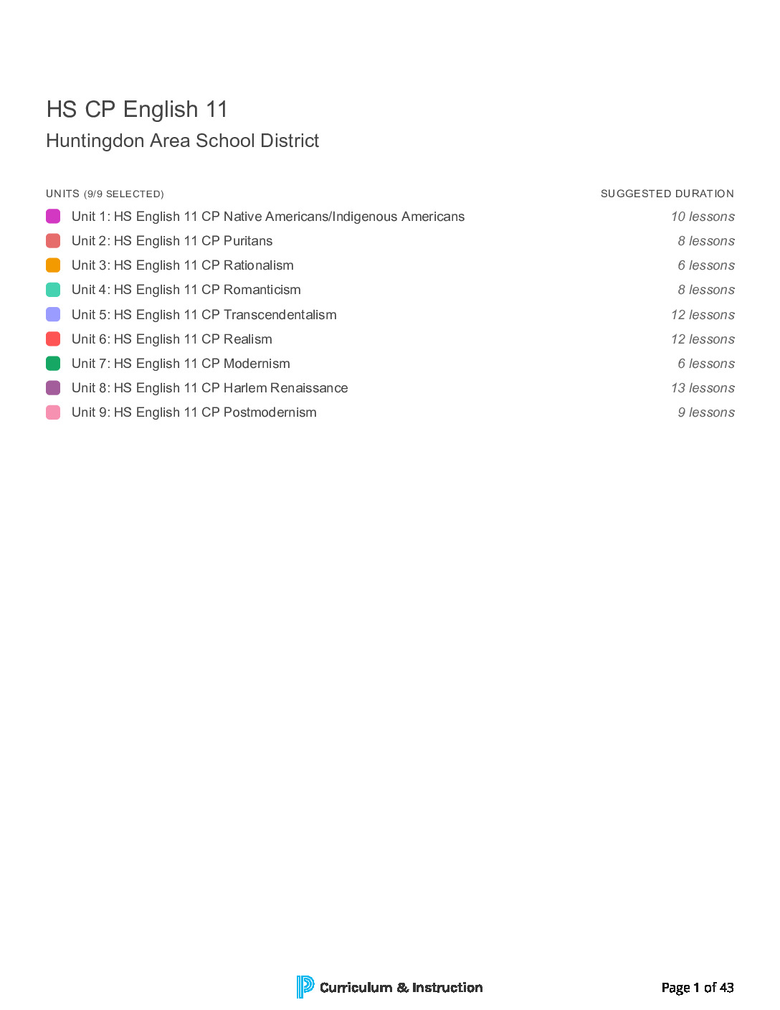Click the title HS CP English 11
pyautogui.click(x=137, y=109)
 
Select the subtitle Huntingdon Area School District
pyautogui.click(x=182, y=141)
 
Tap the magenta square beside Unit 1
pyautogui.click(x=53, y=216)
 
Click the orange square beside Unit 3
pyautogui.click(x=53, y=265)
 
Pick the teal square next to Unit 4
pyautogui.click(x=53, y=290)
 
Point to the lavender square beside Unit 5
pyautogui.click(x=53, y=314)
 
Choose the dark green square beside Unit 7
pyautogui.click(x=53, y=364)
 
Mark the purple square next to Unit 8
pyautogui.click(x=53, y=388)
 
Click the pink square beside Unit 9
pyautogui.click(x=53, y=412)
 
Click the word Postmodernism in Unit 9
pyautogui.click(x=270, y=412)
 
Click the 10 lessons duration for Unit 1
pyautogui.click(x=703, y=217)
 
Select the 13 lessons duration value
pyautogui.click(x=703, y=388)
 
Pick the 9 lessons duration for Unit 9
pyautogui.click(x=706, y=412)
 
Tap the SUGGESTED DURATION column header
pyautogui.click(x=667, y=194)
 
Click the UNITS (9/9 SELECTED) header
pyautogui.click(x=105, y=194)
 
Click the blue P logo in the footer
pyautogui.click(x=305, y=987)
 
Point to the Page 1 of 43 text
pyautogui.click(x=697, y=988)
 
